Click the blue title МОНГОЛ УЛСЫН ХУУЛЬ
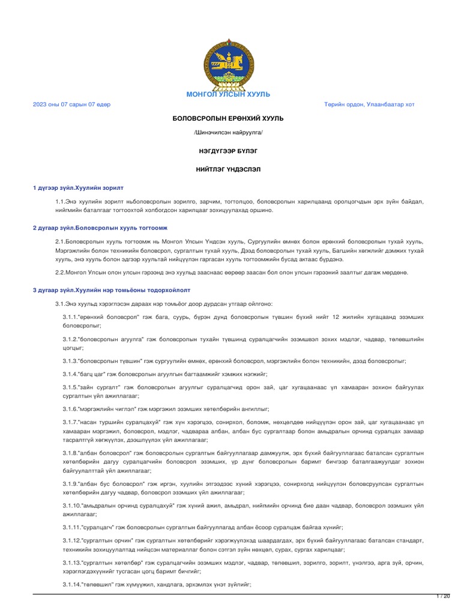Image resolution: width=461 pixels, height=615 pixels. [228, 94]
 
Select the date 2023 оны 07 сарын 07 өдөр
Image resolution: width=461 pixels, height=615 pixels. [71, 105]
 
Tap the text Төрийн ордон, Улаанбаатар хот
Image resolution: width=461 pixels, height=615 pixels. [369, 105]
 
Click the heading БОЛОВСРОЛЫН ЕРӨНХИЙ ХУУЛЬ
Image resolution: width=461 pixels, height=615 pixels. [228, 118]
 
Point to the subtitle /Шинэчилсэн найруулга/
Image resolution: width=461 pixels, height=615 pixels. [228, 132]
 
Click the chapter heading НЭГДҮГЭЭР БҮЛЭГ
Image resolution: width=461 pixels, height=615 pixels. [228, 153]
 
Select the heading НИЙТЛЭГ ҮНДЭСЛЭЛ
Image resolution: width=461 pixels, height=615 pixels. [228, 170]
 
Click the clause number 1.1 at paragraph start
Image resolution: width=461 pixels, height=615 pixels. [60, 202]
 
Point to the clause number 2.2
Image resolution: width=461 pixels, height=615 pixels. [60, 273]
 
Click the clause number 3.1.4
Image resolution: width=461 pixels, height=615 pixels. [70, 374]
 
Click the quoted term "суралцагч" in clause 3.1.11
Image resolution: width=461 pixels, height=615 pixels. [98, 527]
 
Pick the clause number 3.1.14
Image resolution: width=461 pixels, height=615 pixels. [71, 584]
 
